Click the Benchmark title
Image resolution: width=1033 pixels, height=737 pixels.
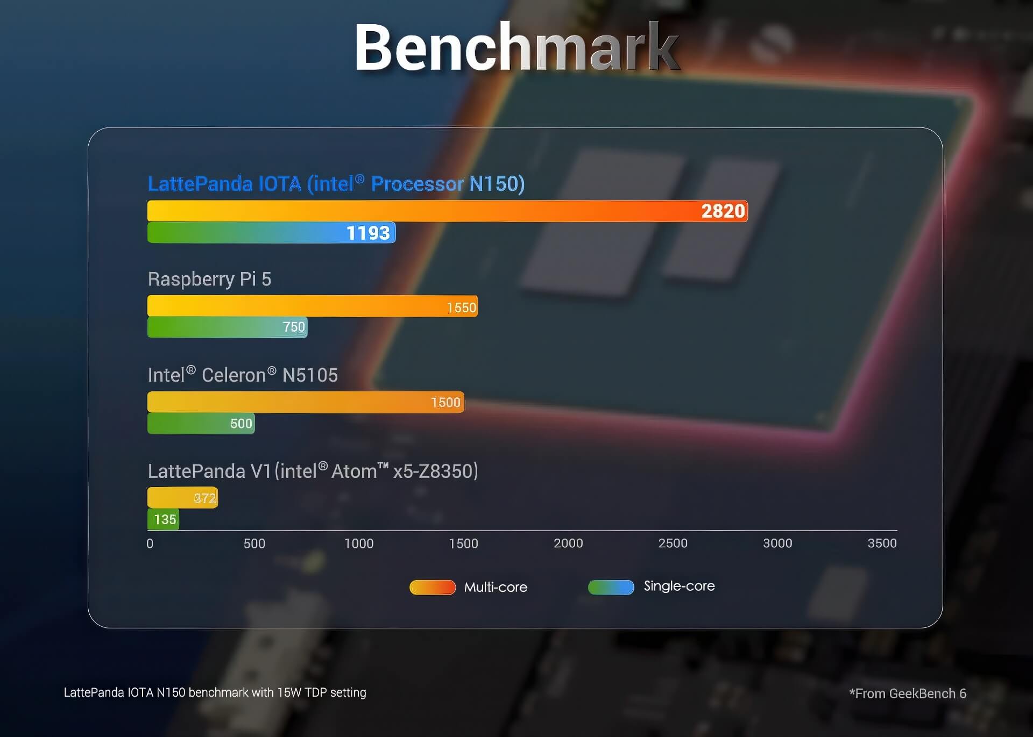coord(516,47)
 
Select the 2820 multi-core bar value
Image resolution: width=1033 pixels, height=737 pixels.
coord(723,211)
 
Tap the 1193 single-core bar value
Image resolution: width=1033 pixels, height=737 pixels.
coord(368,233)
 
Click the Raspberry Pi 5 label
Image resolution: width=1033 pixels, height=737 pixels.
coord(209,279)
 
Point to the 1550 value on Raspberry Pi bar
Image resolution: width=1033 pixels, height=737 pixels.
coord(461,307)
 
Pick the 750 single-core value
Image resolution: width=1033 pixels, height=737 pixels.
coord(294,327)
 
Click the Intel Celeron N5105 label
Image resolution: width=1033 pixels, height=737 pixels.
coord(243,375)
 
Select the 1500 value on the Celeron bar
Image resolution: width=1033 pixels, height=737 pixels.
coord(445,402)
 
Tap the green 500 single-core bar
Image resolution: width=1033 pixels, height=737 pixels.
coord(201,424)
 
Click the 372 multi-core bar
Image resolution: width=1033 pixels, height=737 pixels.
coord(182,498)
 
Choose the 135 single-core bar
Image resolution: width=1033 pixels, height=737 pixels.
coord(163,519)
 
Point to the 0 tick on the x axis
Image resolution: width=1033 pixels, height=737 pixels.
coord(150,543)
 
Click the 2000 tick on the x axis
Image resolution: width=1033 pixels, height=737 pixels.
coord(568,543)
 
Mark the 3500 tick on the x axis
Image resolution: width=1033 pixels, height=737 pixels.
coord(882,543)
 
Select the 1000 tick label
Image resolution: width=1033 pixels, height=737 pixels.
coord(359,543)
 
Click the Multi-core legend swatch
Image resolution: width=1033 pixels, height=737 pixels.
coord(433,587)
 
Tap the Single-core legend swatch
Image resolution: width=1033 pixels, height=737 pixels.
coord(611,587)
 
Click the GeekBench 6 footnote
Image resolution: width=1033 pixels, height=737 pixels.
coord(908,693)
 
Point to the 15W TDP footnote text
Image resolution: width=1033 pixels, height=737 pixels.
coord(215,692)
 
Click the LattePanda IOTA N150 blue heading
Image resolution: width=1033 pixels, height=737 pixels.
coord(336,184)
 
